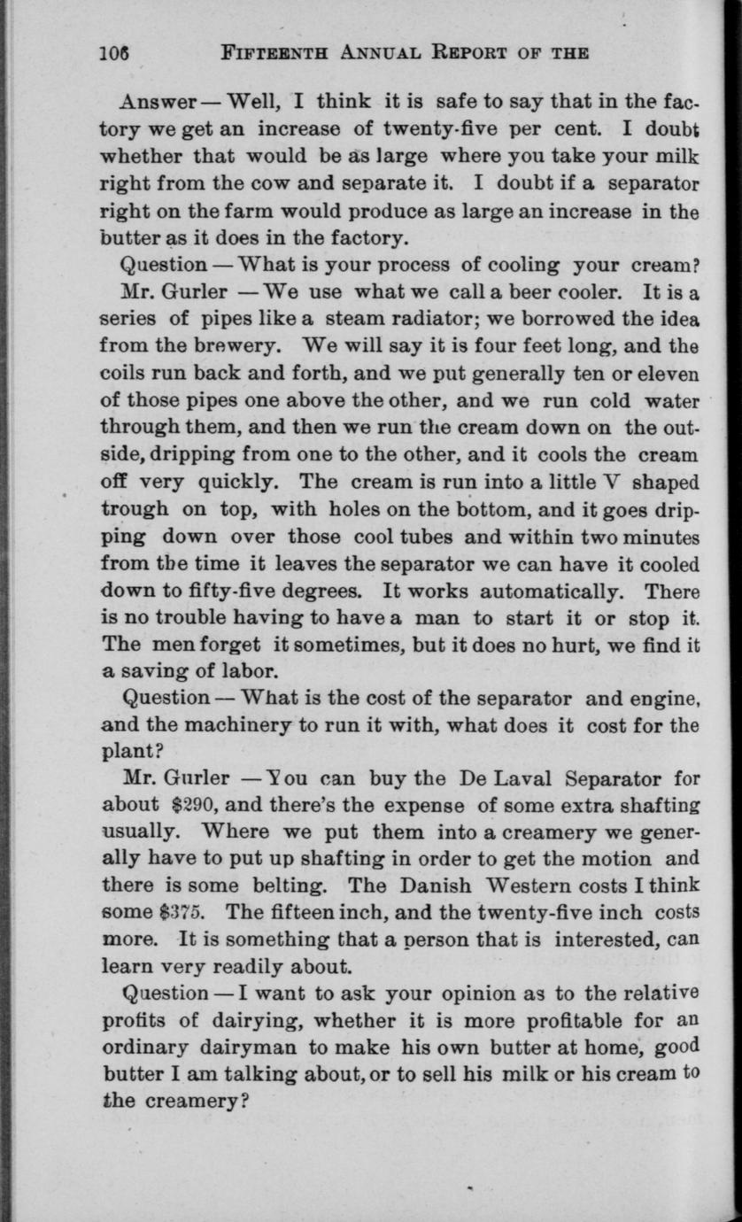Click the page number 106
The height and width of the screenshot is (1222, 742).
click(x=114, y=52)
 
